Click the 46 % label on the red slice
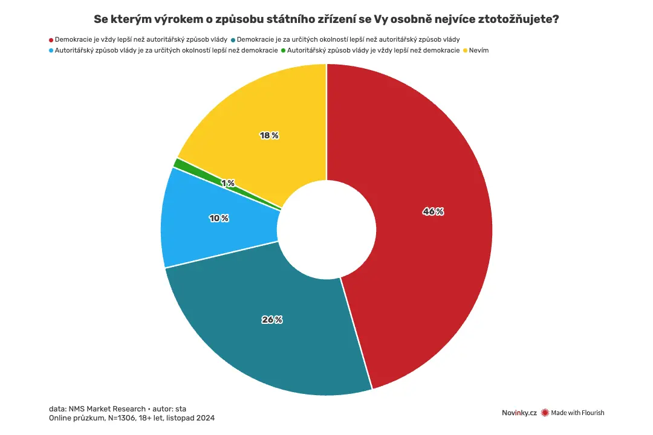433,211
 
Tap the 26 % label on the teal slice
272,319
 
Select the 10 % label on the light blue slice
219,218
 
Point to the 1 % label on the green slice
228,183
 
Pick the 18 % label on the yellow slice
269,135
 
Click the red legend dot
51,40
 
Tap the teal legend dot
233,40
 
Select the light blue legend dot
51,51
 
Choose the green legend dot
284,51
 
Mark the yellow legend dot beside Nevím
465,51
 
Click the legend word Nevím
479,50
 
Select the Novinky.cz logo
519,413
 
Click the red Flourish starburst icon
545,413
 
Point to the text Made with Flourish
577,413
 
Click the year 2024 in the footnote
206,418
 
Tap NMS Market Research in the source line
107,409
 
